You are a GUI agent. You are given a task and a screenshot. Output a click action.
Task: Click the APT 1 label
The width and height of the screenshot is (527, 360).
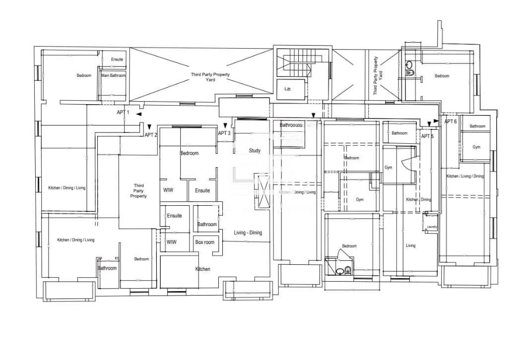click(123, 113)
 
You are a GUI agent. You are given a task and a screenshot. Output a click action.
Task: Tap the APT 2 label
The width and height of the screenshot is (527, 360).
click(151, 135)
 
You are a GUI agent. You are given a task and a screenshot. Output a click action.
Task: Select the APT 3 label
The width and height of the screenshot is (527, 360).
click(224, 133)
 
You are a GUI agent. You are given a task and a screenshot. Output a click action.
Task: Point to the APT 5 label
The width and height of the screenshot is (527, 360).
click(427, 136)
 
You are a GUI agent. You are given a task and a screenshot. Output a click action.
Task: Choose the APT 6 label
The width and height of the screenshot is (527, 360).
click(451, 121)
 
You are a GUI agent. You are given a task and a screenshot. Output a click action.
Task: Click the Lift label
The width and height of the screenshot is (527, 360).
click(287, 89)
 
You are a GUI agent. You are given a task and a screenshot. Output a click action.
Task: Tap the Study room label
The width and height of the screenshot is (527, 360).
click(255, 151)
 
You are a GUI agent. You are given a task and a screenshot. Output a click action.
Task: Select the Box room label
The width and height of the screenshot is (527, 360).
click(205, 242)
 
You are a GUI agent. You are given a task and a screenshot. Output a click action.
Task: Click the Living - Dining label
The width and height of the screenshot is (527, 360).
click(248, 233)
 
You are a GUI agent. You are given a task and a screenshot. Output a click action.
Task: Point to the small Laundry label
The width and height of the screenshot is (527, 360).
click(432, 227)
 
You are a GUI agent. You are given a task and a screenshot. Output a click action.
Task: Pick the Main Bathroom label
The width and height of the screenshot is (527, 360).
click(114, 75)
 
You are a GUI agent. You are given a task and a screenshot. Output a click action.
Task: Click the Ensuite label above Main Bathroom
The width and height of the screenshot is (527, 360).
click(117, 60)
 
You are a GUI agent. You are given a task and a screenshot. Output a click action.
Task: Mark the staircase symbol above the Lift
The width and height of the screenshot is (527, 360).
click(296, 63)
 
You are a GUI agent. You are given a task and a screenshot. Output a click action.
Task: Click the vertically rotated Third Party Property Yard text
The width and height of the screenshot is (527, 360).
click(378, 75)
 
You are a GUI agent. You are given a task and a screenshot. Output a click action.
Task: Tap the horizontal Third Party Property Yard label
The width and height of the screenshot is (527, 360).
click(210, 77)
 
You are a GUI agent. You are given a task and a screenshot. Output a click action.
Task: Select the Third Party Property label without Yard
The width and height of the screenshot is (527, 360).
click(138, 191)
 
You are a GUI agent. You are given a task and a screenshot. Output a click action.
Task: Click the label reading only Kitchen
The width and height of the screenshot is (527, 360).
click(202, 269)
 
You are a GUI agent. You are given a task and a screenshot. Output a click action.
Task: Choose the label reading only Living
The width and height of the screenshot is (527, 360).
click(410, 245)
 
